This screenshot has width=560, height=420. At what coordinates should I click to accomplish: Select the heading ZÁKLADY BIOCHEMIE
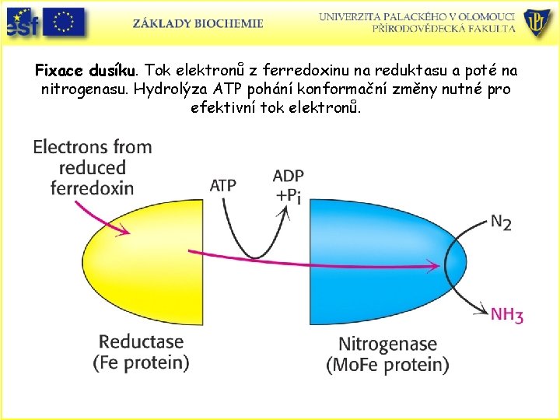198,23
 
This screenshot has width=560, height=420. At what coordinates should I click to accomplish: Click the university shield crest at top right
537,24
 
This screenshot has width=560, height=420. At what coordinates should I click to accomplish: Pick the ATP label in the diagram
223,185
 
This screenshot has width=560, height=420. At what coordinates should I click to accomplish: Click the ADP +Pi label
288,185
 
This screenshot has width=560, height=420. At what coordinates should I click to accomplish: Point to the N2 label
502,222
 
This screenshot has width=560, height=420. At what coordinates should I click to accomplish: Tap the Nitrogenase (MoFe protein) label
388,354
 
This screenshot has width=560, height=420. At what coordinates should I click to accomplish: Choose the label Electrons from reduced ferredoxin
93,167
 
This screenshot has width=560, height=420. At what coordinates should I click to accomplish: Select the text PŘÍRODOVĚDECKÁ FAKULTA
443,29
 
